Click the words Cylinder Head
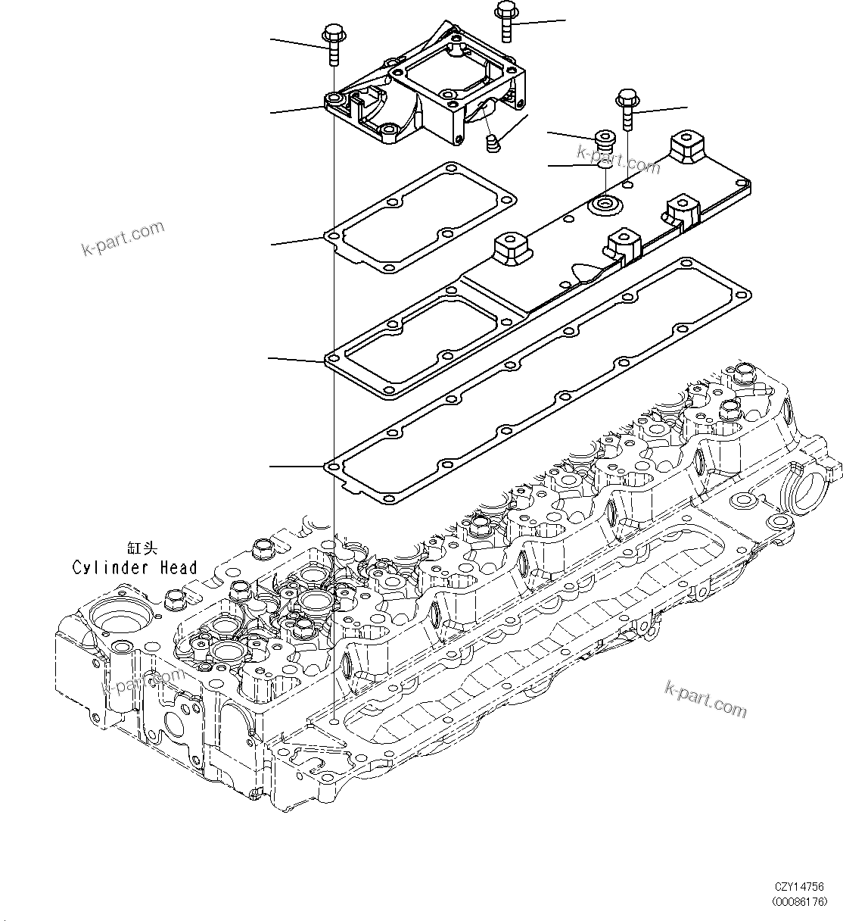point(135,567)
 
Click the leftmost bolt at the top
point(333,45)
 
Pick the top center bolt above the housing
point(505,21)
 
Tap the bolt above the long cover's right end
point(626,108)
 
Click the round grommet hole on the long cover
point(605,204)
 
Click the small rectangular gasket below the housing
point(421,219)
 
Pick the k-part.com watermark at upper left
point(123,238)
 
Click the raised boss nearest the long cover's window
point(510,249)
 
